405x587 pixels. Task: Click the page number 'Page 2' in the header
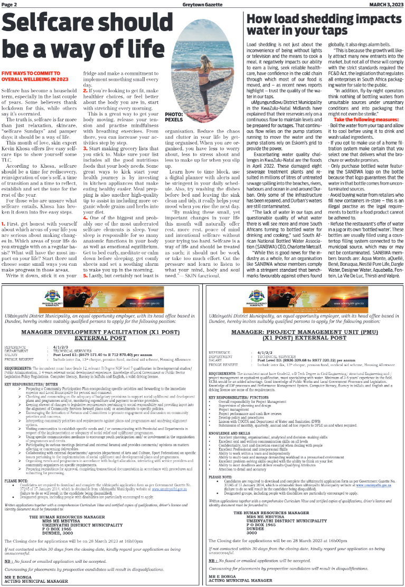[10, 4]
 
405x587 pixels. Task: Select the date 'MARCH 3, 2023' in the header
[384, 4]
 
